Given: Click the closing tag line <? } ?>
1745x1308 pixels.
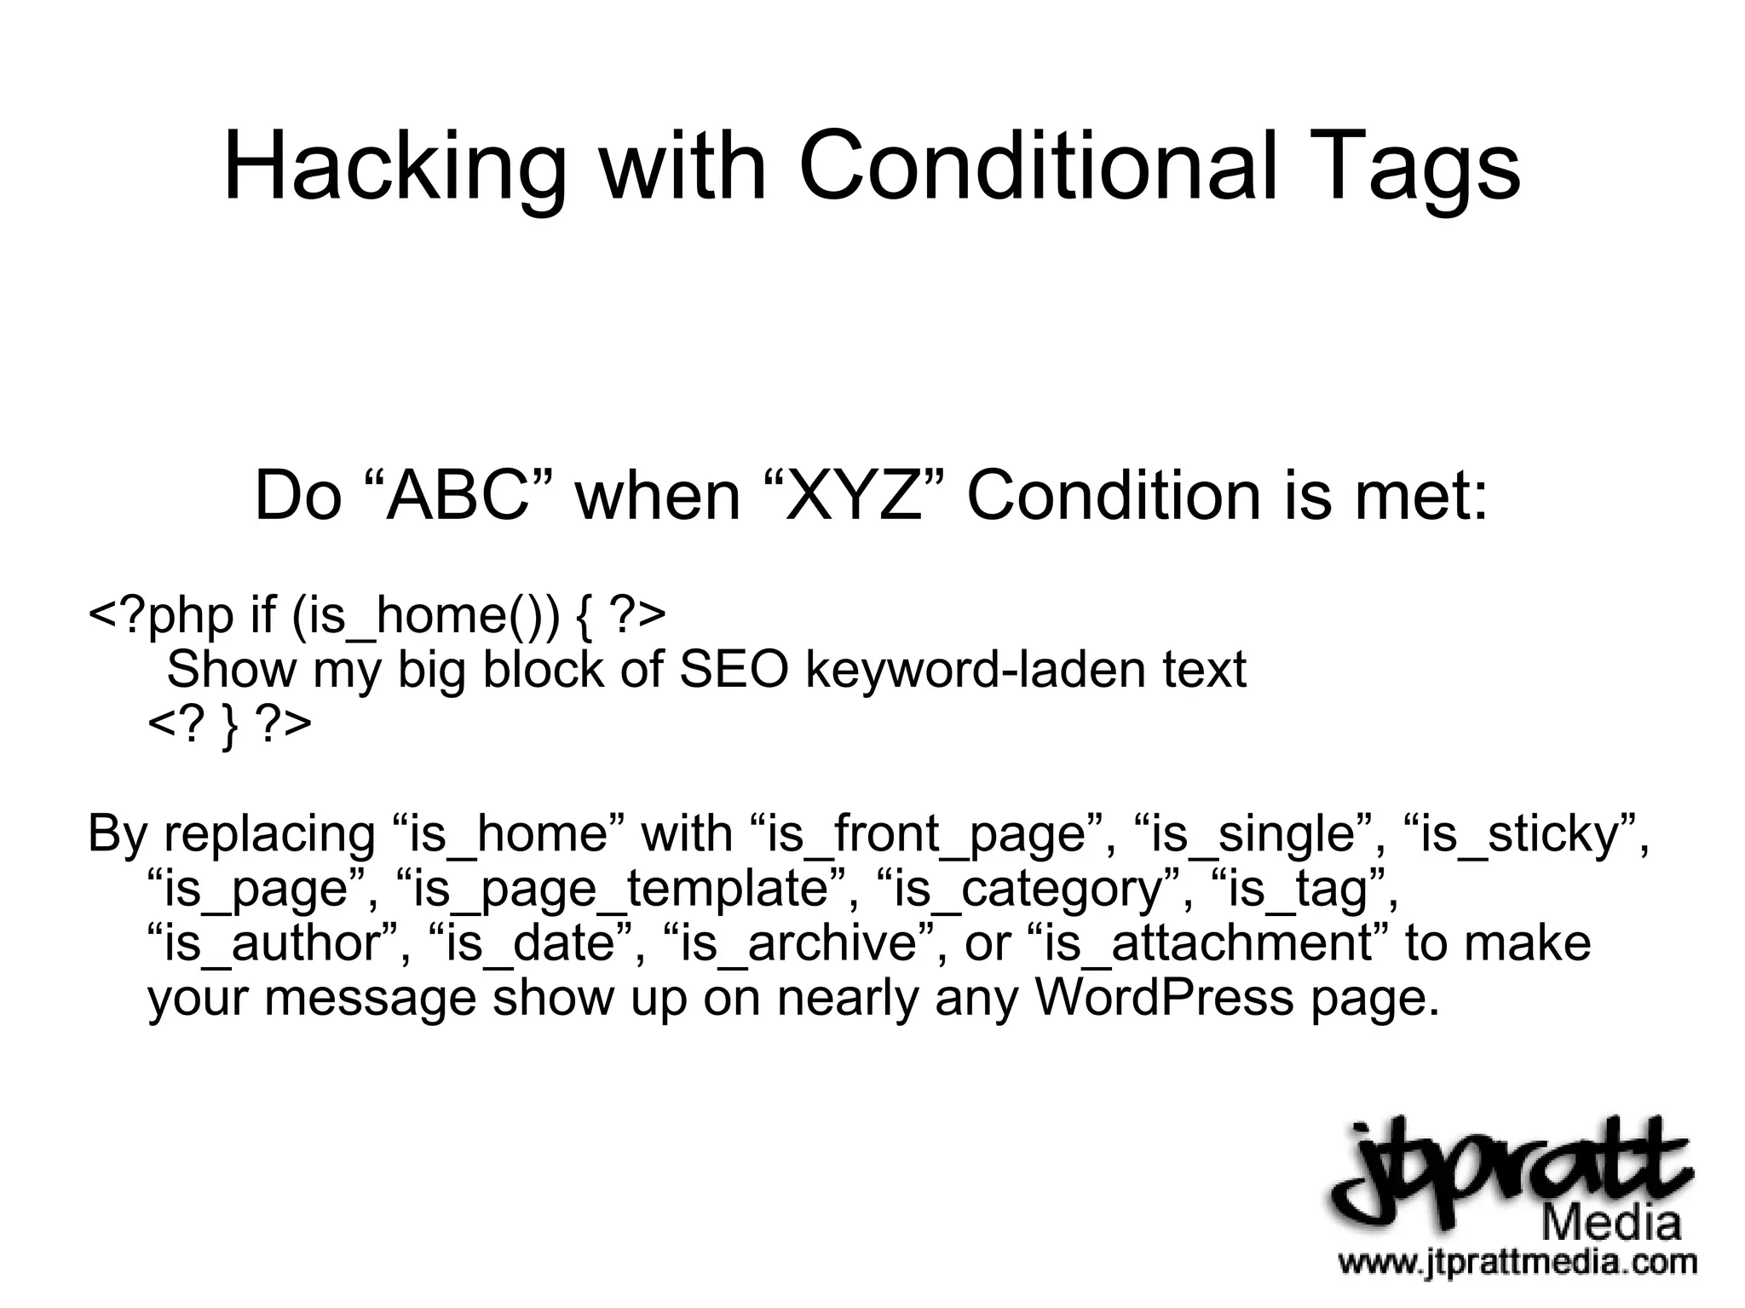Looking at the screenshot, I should (x=229, y=725).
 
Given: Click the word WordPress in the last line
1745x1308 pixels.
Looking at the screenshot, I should (x=1164, y=998).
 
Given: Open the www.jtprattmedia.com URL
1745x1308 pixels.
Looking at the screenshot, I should (x=1517, y=1262).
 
